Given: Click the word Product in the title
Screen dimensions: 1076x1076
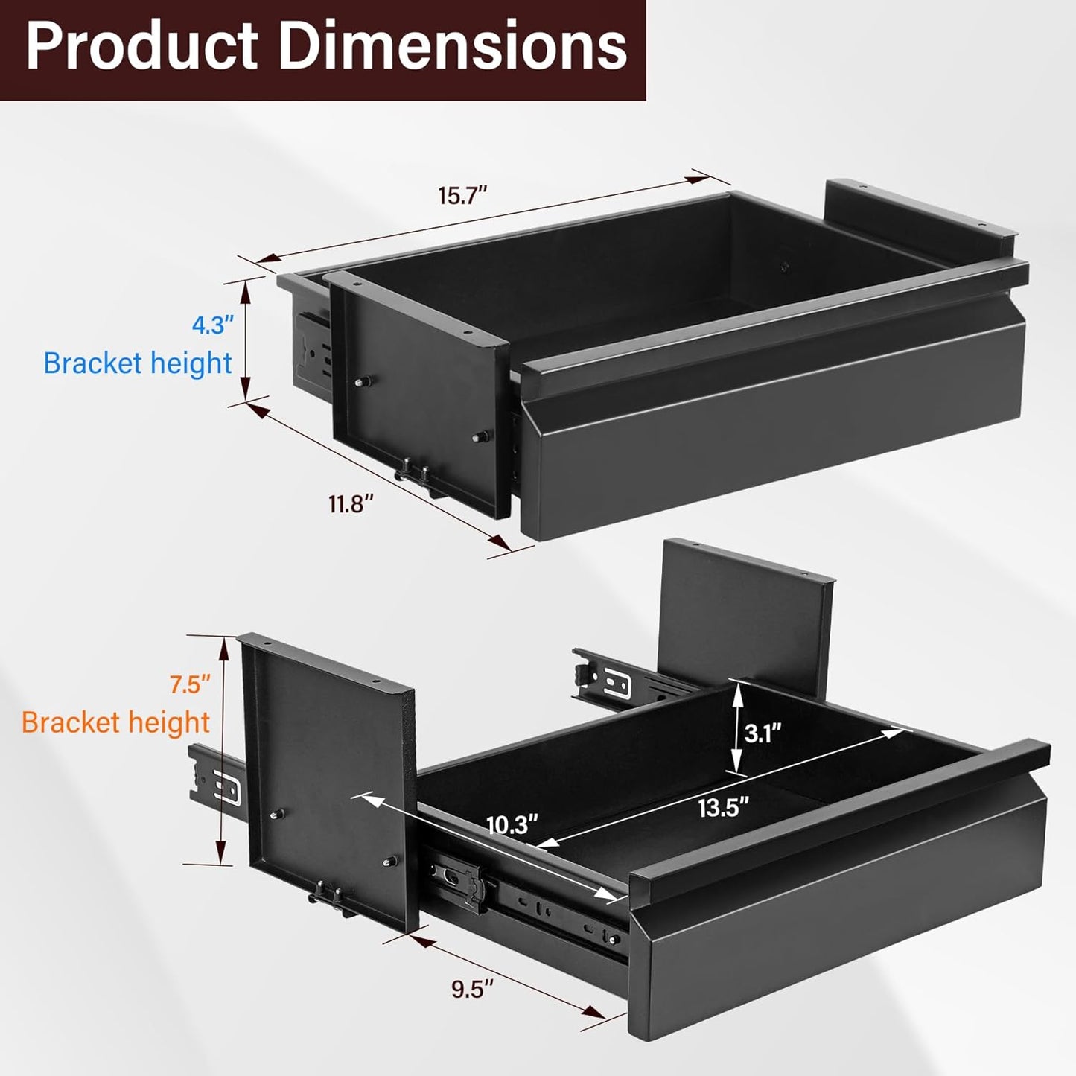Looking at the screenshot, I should (x=141, y=46).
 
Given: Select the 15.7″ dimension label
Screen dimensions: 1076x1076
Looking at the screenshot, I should (x=462, y=196).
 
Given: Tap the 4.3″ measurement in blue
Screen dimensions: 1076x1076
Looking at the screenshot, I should (x=213, y=325).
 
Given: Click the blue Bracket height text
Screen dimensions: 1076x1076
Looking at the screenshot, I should (x=138, y=363).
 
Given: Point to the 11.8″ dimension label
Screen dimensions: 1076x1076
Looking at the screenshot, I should (x=351, y=504).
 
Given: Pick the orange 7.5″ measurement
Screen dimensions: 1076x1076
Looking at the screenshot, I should (x=190, y=684).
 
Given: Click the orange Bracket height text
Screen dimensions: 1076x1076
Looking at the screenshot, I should (x=115, y=722).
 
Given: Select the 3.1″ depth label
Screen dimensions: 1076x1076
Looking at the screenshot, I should (x=763, y=733).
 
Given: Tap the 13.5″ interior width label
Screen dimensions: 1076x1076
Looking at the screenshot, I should (x=723, y=807).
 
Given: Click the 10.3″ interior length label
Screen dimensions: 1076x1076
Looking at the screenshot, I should (x=512, y=824).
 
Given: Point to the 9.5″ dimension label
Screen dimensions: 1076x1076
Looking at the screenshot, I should (x=473, y=989).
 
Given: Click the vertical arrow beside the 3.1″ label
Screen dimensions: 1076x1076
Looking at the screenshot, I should (x=736, y=729).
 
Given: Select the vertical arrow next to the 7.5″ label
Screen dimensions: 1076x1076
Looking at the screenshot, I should (x=222, y=751).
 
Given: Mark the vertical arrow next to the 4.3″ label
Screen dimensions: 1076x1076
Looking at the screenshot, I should (x=246, y=340).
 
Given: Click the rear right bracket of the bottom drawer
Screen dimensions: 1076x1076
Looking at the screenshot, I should (x=745, y=618).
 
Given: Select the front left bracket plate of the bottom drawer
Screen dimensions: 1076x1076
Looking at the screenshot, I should (x=328, y=782).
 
